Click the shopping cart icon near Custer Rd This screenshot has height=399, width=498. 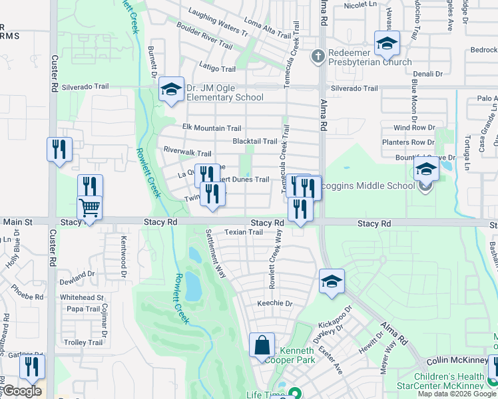(x=89, y=207)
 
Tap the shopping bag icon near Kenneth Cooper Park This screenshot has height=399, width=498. (x=262, y=345)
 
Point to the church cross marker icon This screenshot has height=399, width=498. (x=318, y=57)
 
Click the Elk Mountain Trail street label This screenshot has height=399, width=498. (x=211, y=128)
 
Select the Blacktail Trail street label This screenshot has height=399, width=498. (x=254, y=141)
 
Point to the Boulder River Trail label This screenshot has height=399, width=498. (x=204, y=37)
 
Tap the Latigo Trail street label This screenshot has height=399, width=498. (x=218, y=68)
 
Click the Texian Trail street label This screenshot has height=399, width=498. (x=243, y=232)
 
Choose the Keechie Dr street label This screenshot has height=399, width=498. (x=275, y=303)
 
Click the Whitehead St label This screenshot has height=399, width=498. (x=81, y=297)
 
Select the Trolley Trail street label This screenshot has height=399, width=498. (x=83, y=342)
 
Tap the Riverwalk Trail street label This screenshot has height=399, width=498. (x=187, y=153)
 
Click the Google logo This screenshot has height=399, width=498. (x=22, y=391)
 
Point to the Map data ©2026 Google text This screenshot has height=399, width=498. (x=457, y=394)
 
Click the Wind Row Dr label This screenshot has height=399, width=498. (x=413, y=128)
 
